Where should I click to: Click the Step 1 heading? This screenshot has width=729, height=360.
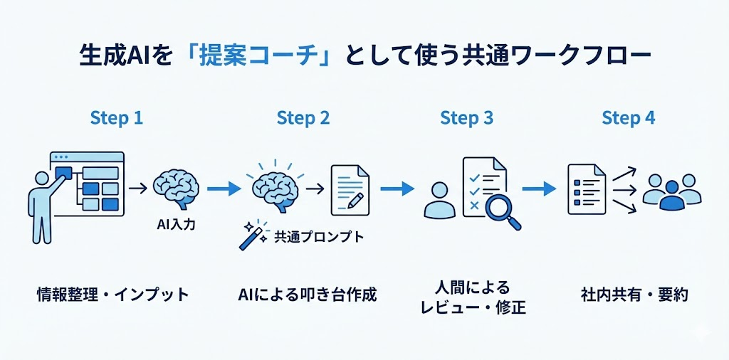point(117,118)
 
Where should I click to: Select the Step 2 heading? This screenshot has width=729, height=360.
point(303,118)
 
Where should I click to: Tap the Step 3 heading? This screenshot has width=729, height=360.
point(466,118)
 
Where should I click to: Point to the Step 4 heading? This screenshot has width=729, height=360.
point(628,118)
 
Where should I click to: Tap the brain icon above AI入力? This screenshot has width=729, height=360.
point(175,188)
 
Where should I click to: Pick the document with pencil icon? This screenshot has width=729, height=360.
point(350,190)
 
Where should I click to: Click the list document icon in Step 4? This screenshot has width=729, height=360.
point(586,189)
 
